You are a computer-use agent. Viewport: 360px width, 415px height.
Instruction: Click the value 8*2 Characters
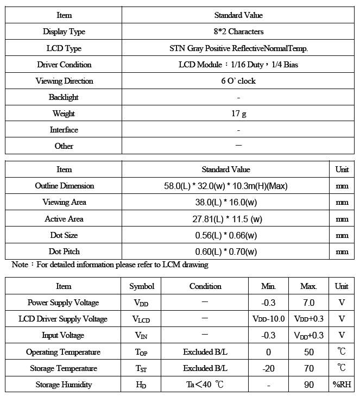(x=238, y=32)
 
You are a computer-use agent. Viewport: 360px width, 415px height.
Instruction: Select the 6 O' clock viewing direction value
(x=238, y=81)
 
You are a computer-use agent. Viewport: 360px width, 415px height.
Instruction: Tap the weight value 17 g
(x=238, y=114)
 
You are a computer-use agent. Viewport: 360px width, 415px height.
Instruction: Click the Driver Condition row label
(x=64, y=65)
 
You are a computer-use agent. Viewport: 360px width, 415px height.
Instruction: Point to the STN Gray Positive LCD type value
(x=238, y=48)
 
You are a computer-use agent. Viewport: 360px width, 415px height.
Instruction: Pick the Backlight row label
(x=64, y=97)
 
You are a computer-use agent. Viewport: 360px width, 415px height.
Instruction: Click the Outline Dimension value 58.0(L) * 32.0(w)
(x=226, y=186)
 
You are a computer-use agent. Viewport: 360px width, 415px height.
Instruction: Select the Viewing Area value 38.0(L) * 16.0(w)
(x=226, y=202)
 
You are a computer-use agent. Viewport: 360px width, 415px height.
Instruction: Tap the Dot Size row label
(x=64, y=235)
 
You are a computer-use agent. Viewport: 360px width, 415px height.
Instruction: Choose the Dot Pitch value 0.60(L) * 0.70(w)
(x=226, y=251)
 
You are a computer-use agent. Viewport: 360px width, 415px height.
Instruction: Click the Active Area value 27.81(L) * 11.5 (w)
(x=226, y=219)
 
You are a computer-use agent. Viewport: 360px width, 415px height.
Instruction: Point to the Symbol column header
(x=142, y=286)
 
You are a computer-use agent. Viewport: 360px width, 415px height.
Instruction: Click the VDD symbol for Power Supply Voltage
(x=141, y=303)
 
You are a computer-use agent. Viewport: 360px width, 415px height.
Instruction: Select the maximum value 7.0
(x=308, y=303)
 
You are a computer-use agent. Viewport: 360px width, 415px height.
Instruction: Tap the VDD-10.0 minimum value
(x=268, y=319)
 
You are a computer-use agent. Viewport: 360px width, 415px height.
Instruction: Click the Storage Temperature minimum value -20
(x=268, y=368)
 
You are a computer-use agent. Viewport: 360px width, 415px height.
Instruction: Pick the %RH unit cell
(x=342, y=385)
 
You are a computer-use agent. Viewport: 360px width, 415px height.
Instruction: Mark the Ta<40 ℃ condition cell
(x=205, y=385)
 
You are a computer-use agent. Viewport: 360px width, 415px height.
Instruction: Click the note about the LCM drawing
(x=110, y=265)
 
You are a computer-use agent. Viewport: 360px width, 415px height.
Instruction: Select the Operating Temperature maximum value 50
(x=308, y=352)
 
